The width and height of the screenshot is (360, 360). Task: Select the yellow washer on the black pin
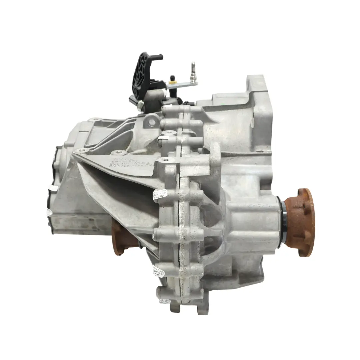pos(172,80)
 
